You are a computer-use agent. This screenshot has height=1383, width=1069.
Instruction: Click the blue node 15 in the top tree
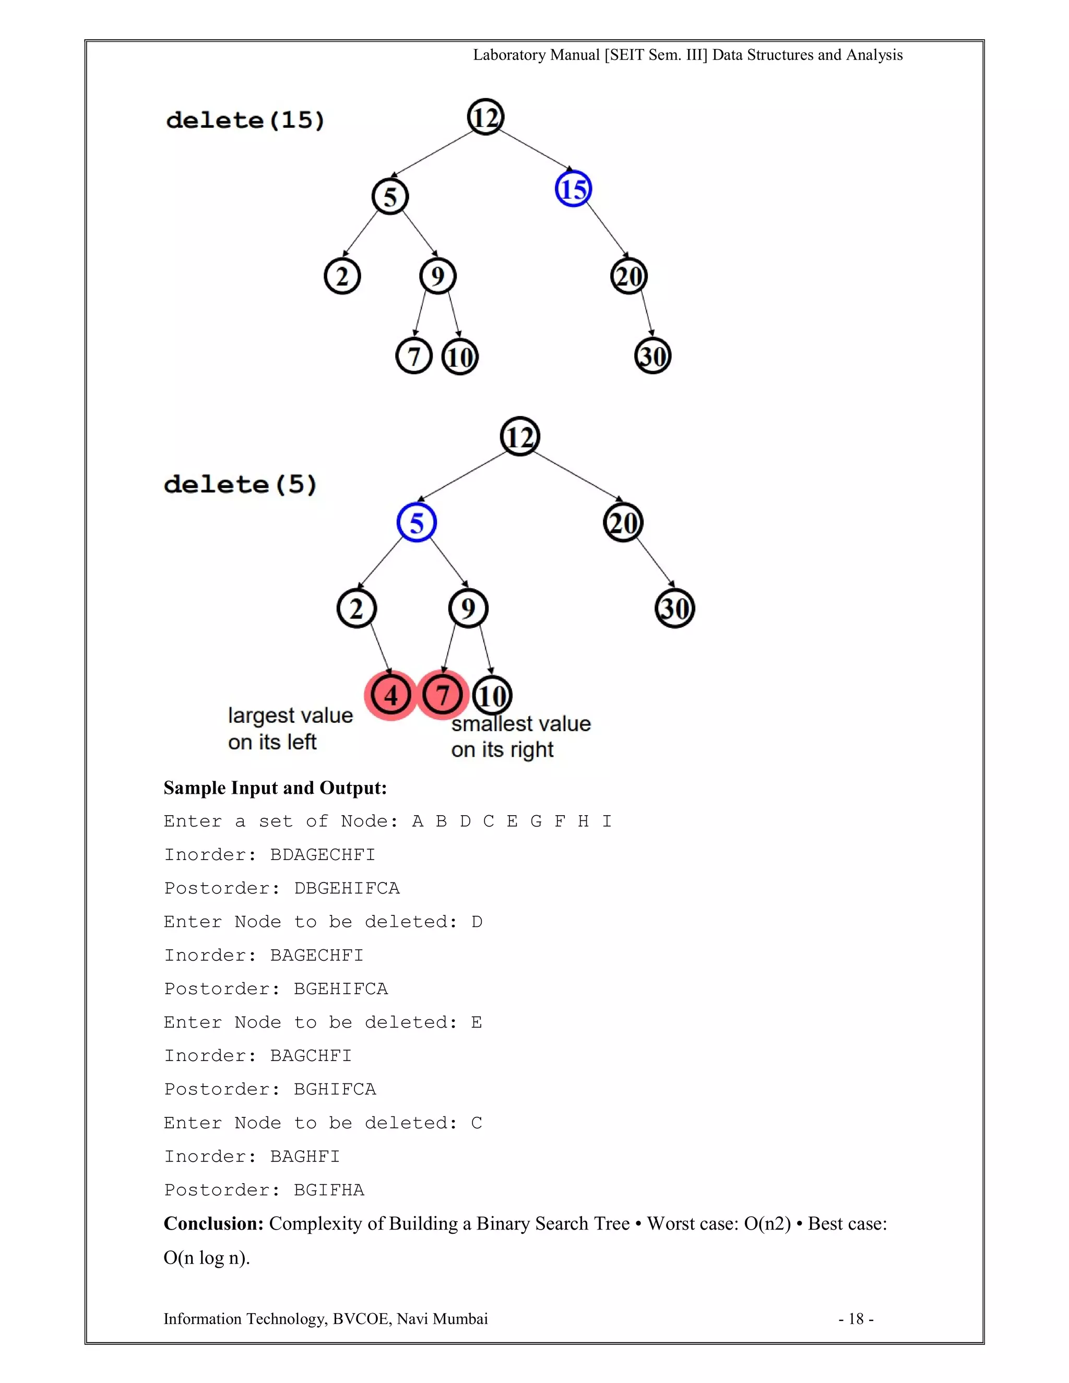(x=573, y=189)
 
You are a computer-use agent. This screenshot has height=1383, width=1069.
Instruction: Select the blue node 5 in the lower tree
(x=417, y=522)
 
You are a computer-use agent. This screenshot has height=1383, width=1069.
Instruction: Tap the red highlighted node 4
(x=391, y=695)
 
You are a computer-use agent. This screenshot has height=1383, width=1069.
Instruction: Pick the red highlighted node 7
(x=443, y=695)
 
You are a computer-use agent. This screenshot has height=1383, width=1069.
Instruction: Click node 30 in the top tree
(x=652, y=356)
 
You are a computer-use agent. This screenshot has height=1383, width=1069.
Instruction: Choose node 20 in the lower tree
(x=623, y=523)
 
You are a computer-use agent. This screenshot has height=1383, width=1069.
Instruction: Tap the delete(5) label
(x=240, y=484)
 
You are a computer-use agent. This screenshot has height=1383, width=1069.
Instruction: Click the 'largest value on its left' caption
(x=290, y=728)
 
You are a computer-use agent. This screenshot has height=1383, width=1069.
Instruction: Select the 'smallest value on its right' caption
(x=520, y=736)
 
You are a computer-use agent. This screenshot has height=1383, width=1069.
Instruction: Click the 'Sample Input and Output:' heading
(x=275, y=788)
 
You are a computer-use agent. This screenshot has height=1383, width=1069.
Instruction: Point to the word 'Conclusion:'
(x=213, y=1223)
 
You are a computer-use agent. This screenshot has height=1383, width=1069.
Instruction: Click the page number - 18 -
(x=856, y=1319)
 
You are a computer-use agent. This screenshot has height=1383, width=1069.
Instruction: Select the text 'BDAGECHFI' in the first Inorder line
(x=323, y=855)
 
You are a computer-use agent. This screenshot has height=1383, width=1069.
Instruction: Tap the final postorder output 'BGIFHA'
(x=329, y=1190)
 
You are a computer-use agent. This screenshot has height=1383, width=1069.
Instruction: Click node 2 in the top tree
(x=342, y=276)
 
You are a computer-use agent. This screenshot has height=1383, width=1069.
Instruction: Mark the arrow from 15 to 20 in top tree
(x=607, y=230)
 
